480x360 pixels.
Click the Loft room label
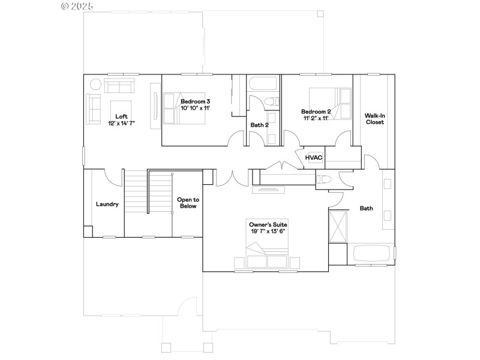tap(121, 116)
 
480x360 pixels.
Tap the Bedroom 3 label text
tap(195, 101)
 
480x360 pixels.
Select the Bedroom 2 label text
tap(316, 112)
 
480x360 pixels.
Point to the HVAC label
tap(314, 158)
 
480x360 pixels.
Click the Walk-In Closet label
tap(374, 118)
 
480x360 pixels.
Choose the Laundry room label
tap(107, 204)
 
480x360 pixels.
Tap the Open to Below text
tap(188, 202)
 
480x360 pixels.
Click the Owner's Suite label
tap(268, 224)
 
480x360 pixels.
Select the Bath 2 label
tap(259, 125)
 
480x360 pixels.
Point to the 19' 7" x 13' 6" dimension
tap(268, 231)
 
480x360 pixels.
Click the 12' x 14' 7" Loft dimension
tap(121, 123)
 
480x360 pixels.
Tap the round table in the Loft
tap(95, 84)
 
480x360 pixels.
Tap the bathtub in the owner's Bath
tap(373, 254)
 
